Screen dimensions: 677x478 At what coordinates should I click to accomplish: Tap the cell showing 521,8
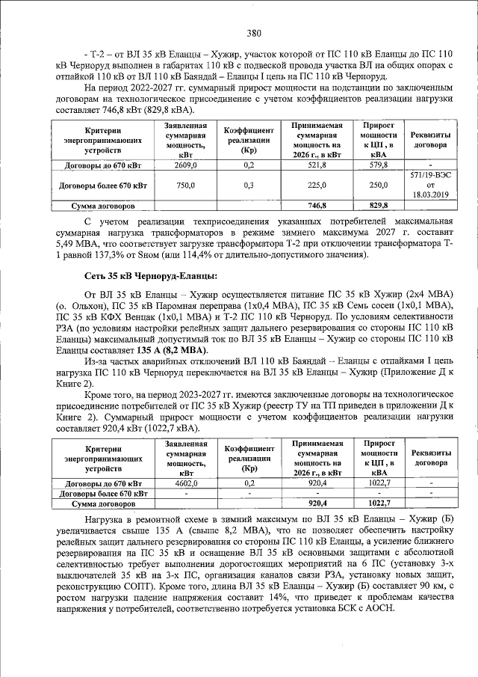point(317,165)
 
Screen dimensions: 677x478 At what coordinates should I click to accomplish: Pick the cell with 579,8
point(379,165)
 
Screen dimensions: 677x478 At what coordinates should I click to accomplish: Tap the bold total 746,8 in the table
point(317,205)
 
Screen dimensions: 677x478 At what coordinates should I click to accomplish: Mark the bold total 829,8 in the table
point(379,205)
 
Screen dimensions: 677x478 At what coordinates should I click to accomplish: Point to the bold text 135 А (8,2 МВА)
point(171,351)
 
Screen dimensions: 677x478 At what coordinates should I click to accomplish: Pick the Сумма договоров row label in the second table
point(102,503)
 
